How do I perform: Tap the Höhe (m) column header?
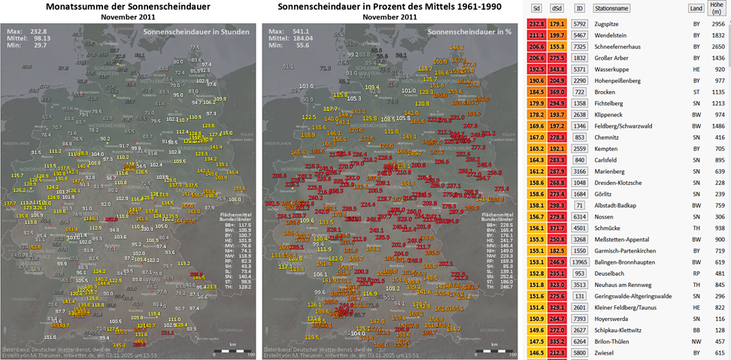[x=717, y=8]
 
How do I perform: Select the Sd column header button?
[x=536, y=9]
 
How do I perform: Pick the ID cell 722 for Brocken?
[x=579, y=92]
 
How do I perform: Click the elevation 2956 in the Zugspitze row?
[x=717, y=24]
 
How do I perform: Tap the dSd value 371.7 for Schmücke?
[x=557, y=228]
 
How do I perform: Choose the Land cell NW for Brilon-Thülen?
[x=696, y=341]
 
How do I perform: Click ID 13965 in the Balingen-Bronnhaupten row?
[x=579, y=262]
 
